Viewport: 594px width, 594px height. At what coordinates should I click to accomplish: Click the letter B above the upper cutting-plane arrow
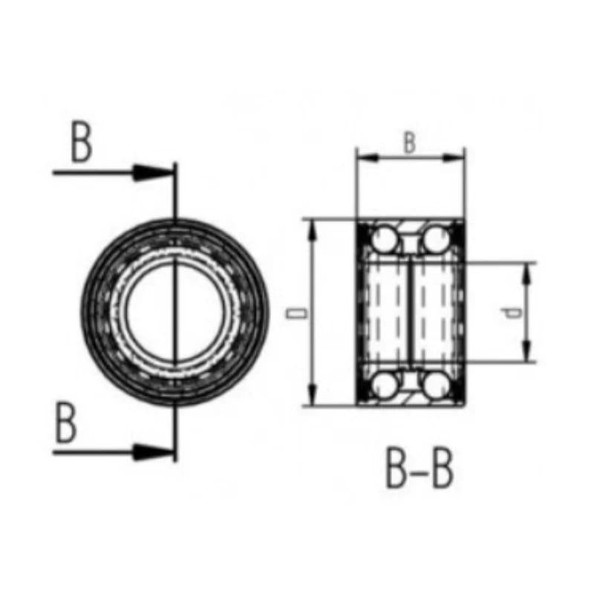(82, 143)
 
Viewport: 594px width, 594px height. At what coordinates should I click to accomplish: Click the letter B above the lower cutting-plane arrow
(66, 424)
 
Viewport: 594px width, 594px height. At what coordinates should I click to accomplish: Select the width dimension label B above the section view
(409, 143)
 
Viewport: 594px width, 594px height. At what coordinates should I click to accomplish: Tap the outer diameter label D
(298, 313)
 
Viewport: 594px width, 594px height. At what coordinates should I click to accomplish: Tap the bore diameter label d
(513, 313)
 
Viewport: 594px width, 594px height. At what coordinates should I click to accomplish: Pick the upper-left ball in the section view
(385, 238)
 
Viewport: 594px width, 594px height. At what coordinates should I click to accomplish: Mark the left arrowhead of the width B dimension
(364, 157)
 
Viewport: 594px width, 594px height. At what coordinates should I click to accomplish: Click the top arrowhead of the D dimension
(313, 226)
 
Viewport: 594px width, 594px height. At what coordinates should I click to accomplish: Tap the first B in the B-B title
(398, 468)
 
